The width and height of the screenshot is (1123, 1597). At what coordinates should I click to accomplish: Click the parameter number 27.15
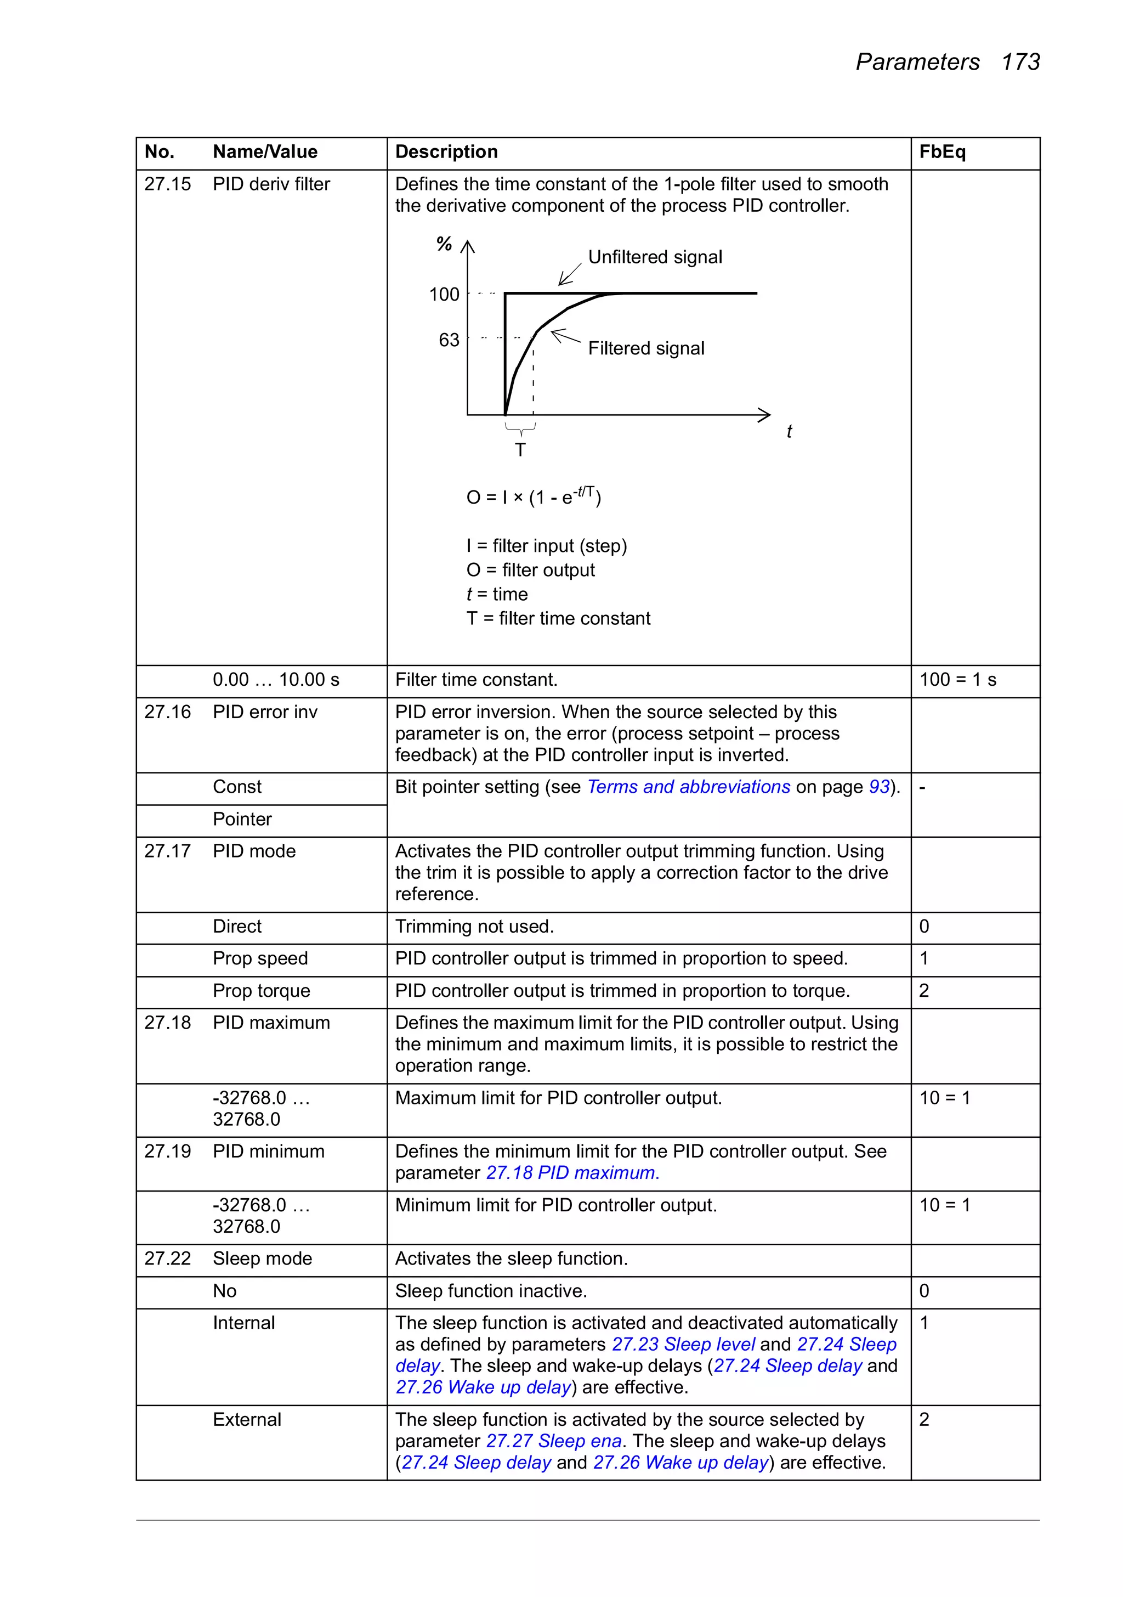tap(168, 184)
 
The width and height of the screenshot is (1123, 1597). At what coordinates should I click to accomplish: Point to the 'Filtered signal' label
tap(645, 348)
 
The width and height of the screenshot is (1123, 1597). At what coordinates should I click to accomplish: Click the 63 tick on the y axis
tap(449, 340)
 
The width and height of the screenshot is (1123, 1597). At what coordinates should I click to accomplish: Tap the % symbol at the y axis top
tap(444, 244)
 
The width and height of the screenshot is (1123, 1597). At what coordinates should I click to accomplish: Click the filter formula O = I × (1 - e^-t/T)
tap(534, 496)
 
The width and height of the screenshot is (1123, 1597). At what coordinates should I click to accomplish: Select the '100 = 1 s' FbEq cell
tap(957, 680)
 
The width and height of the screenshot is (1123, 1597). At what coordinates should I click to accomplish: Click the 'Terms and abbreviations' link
tap(688, 787)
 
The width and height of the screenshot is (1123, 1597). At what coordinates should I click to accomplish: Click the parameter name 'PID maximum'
tap(271, 1023)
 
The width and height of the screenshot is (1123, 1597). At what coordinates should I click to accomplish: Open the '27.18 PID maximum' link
tap(571, 1173)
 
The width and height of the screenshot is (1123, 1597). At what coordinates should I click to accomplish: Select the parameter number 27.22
tap(168, 1259)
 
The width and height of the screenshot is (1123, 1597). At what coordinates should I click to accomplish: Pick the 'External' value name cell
tap(247, 1420)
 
